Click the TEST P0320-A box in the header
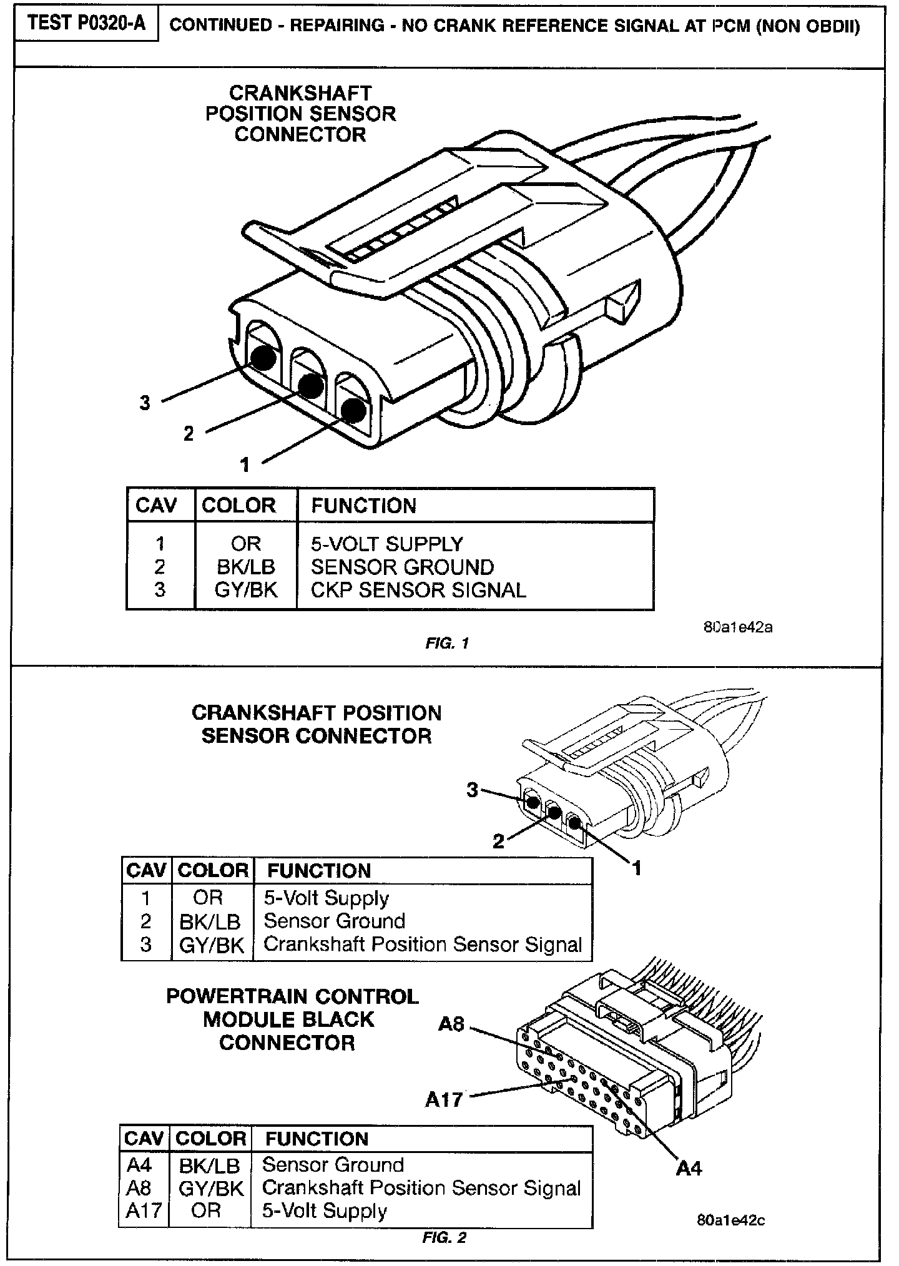click(x=87, y=24)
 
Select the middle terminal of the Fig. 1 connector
click(x=310, y=385)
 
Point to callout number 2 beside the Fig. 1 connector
click(x=189, y=433)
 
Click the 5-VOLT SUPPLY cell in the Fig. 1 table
click(x=387, y=544)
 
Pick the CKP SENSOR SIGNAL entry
click(x=418, y=590)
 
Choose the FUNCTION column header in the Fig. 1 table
click(x=363, y=506)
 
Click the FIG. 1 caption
click(x=447, y=643)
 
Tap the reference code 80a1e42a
click(x=738, y=627)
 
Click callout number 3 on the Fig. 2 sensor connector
click(x=473, y=790)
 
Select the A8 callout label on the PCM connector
click(x=451, y=1024)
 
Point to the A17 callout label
click(x=444, y=1099)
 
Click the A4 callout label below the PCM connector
click(x=689, y=1167)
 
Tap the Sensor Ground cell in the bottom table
click(x=333, y=1165)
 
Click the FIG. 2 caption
click(x=445, y=1237)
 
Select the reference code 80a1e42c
click(x=730, y=1220)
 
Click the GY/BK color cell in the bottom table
click(x=210, y=1188)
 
